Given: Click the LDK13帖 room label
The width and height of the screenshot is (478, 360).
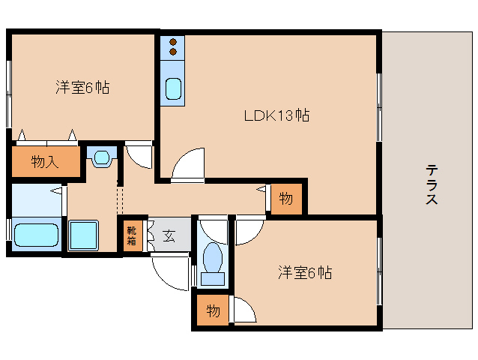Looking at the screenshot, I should coord(276,115).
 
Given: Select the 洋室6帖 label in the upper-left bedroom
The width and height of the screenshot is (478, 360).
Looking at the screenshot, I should coord(82,88).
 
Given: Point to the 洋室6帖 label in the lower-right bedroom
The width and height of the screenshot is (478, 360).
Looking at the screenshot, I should coord(304,273).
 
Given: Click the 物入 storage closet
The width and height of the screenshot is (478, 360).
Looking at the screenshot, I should coord(45,161).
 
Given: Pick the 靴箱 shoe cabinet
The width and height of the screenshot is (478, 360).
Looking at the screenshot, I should coord(131,236).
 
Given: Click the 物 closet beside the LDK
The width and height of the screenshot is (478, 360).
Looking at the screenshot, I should coord(286,199).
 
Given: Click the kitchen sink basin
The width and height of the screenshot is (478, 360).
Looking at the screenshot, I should coord(173,89).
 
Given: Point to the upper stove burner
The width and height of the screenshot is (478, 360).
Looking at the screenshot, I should coord(173,43).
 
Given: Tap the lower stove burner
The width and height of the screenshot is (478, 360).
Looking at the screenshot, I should coord(173,52).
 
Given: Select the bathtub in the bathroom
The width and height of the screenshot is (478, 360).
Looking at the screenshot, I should coord(36,235).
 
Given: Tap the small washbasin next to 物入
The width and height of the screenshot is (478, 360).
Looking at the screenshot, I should coord(102,157).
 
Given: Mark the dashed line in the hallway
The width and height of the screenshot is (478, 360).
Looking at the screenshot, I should coord(118,199).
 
